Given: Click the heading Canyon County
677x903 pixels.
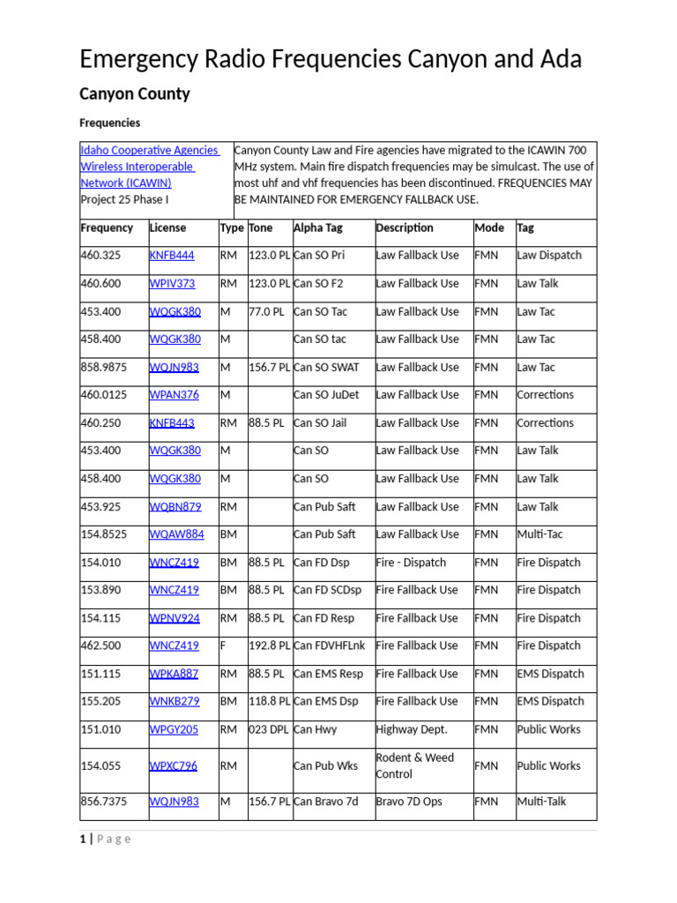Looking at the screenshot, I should pyautogui.click(x=135, y=93).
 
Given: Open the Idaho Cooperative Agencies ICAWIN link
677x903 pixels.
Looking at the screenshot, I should pyautogui.click(x=149, y=167).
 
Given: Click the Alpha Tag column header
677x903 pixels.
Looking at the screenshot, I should pyautogui.click(x=321, y=228).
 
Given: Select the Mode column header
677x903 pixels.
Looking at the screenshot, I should pyautogui.click(x=489, y=228).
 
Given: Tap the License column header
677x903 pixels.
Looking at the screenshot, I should pyautogui.click(x=168, y=228).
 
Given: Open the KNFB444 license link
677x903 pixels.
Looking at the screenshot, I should pyautogui.click(x=172, y=256).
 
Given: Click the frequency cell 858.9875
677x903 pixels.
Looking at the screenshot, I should pyautogui.click(x=107, y=367).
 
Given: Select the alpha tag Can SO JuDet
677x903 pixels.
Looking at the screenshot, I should pyautogui.click(x=326, y=395).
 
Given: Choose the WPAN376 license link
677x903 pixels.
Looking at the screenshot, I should pyautogui.click(x=175, y=395).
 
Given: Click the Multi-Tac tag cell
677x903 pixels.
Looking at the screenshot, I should pyautogui.click(x=539, y=534).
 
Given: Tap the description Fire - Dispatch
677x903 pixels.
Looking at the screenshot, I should pyautogui.click(x=411, y=563).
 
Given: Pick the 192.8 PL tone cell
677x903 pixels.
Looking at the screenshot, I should pyautogui.click(x=270, y=646).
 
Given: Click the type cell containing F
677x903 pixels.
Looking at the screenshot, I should pyautogui.click(x=223, y=646).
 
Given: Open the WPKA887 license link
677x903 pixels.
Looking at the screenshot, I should pyautogui.click(x=175, y=674).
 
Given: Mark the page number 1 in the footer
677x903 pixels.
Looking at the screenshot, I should pyautogui.click(x=83, y=839).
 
